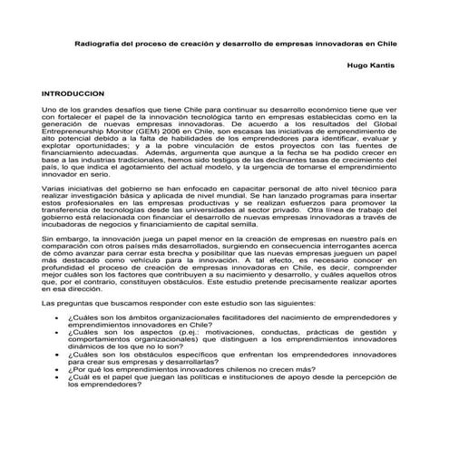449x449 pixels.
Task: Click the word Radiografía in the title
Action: point(97,44)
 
